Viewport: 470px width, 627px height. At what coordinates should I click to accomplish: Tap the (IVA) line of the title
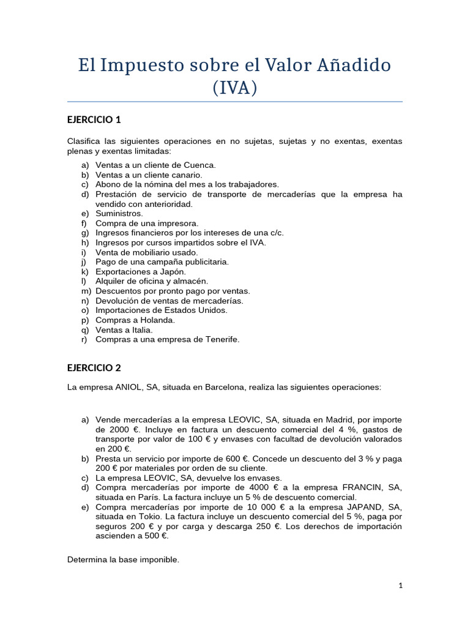point(235,88)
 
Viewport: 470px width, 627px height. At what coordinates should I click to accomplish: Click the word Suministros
point(119,213)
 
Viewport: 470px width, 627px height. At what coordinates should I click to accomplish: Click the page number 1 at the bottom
point(400,585)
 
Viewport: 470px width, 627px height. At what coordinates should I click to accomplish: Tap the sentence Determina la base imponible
point(123,560)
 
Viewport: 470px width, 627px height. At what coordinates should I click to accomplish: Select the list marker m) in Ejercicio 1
point(85,291)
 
